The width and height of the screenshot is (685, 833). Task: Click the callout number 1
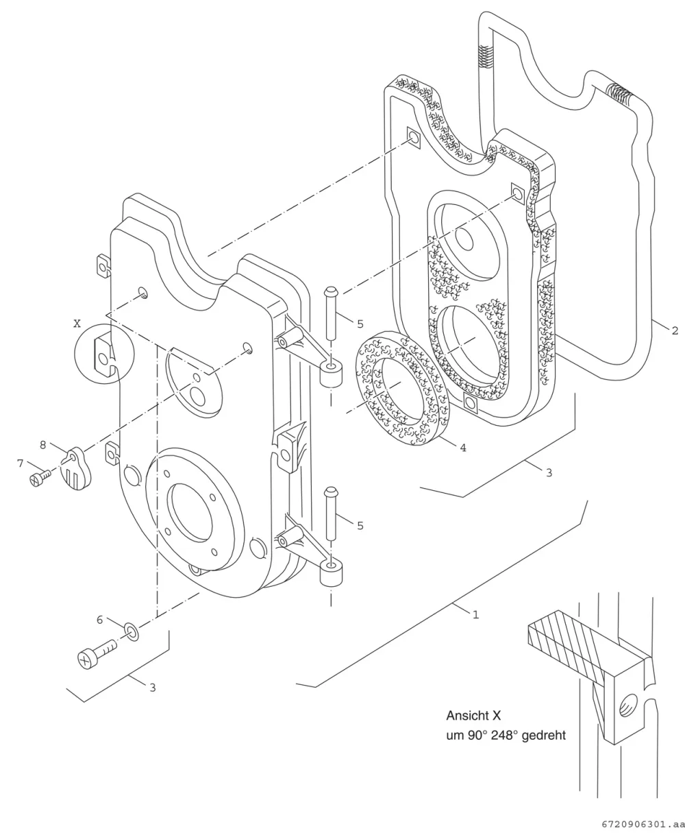(475, 614)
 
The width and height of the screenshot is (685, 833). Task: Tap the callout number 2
(675, 330)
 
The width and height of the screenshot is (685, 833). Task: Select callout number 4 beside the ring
(463, 448)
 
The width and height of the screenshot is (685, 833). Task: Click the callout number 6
(99, 620)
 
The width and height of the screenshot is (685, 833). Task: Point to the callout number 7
(21, 463)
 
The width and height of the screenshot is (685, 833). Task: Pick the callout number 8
(43, 445)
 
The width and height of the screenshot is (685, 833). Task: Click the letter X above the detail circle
(77, 324)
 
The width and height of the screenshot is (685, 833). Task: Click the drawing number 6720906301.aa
(643, 824)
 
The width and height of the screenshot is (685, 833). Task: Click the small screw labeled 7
(40, 478)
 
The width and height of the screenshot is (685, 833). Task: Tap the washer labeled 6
(132, 632)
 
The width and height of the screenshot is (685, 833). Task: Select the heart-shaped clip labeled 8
(77, 468)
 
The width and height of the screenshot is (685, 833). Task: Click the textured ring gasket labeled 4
(403, 388)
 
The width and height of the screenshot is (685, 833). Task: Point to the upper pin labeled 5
(330, 313)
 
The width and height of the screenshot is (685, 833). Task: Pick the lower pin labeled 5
(330, 514)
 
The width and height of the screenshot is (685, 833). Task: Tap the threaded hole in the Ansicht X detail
(628, 705)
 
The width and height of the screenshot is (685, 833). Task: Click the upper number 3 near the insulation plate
(549, 472)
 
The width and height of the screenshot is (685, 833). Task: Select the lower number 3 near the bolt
(153, 688)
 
